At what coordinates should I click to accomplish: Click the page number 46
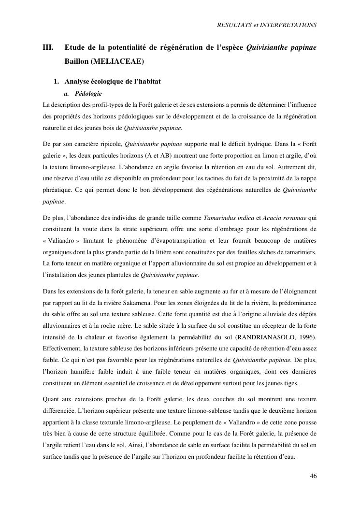pos(313,476)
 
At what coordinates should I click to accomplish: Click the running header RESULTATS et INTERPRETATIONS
pos(267,24)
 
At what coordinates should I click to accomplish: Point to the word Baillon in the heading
pos(76,62)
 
